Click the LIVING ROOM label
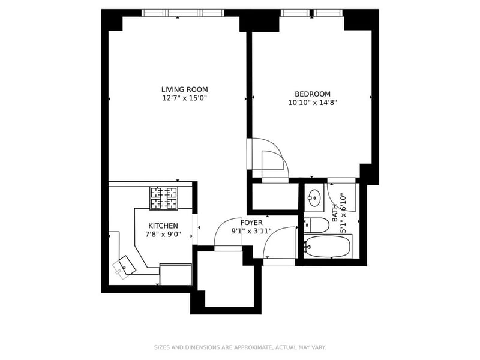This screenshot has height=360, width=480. tap(184, 89)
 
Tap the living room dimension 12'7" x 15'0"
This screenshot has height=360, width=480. tap(184, 98)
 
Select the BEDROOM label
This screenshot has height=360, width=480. tap(312, 94)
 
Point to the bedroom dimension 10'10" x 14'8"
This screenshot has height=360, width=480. tap(312, 102)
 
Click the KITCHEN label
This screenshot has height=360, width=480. tap(163, 226)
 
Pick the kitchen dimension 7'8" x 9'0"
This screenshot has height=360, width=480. tap(163, 235)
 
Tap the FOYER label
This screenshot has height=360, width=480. tap(251, 223)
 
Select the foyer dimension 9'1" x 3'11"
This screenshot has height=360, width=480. tap(251, 231)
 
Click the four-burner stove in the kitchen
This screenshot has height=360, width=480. tap(164, 198)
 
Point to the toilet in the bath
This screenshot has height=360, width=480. tap(316, 226)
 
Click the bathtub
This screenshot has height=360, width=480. tap(328, 246)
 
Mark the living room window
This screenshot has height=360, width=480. tap(182, 13)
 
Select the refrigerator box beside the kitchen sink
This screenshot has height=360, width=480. tap(175, 274)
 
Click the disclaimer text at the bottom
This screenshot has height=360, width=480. tap(240, 347)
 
